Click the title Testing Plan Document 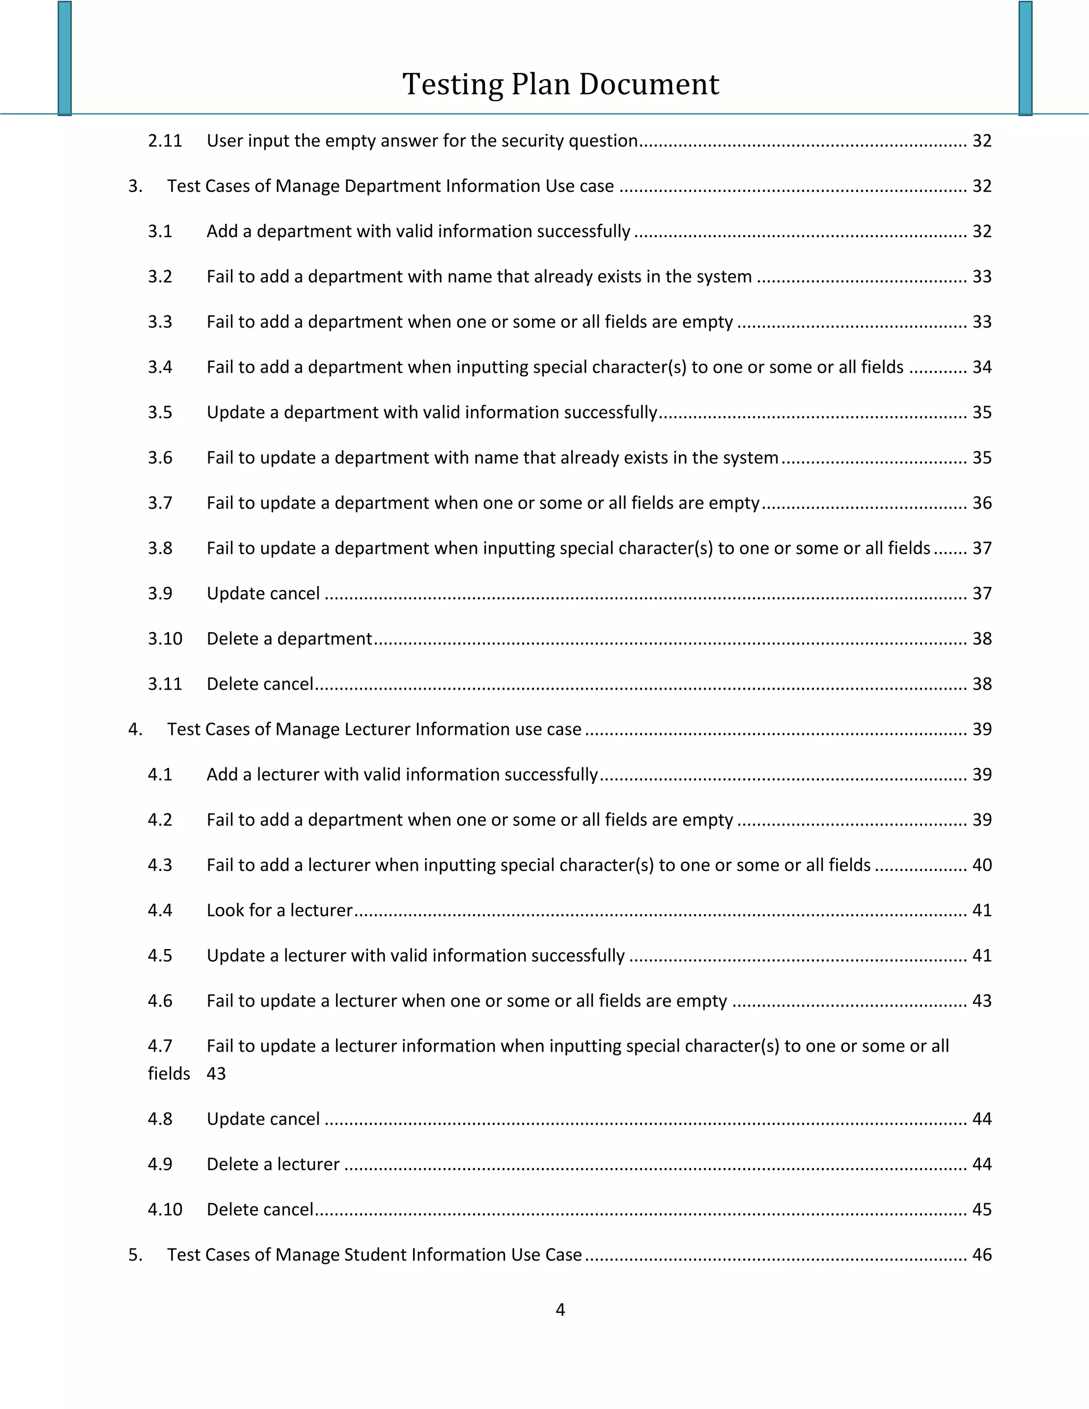(x=560, y=85)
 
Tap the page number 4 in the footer (x=560, y=1309)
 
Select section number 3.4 (x=160, y=367)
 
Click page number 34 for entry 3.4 (x=981, y=367)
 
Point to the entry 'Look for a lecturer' (x=279, y=910)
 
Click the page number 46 (x=981, y=1254)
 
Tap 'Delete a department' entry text (x=289, y=639)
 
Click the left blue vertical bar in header (x=64, y=58)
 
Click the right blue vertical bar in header (x=1025, y=58)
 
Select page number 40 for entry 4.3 (x=981, y=865)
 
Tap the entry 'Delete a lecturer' (x=273, y=1164)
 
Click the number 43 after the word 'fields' (x=216, y=1073)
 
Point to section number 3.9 (x=160, y=593)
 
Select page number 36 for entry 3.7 (x=981, y=502)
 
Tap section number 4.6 (x=160, y=1001)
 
